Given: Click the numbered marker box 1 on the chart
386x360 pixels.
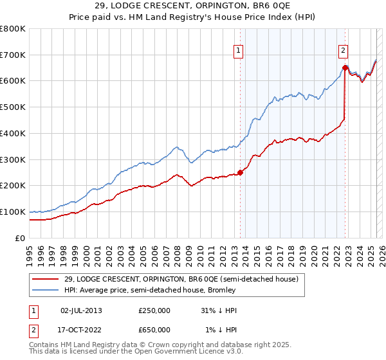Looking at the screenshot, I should [238, 50].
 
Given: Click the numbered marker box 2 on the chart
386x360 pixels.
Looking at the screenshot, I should [344, 50].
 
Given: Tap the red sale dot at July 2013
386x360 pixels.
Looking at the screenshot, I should [240, 172].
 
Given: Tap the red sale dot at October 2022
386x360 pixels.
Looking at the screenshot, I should [345, 67].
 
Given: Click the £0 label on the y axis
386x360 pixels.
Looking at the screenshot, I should [21, 238].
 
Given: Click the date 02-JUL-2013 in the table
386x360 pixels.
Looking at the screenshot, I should [81, 310].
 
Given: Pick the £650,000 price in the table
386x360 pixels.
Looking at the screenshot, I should [154, 330].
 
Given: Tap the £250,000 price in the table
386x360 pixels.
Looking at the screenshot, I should [154, 310].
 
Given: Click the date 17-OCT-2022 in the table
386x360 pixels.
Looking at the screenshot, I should [81, 330].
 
